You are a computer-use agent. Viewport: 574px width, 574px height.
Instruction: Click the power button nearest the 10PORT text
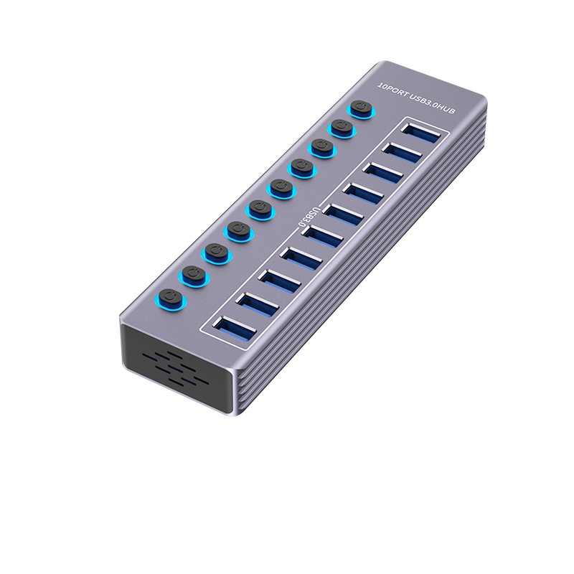coord(361,109)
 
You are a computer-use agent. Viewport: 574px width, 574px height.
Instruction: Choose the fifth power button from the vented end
coord(260,209)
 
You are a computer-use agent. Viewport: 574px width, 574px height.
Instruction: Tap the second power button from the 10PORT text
coord(342,128)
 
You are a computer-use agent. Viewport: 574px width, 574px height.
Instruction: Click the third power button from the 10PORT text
coord(322,148)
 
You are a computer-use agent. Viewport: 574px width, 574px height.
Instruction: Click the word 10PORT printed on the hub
coord(392,88)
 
